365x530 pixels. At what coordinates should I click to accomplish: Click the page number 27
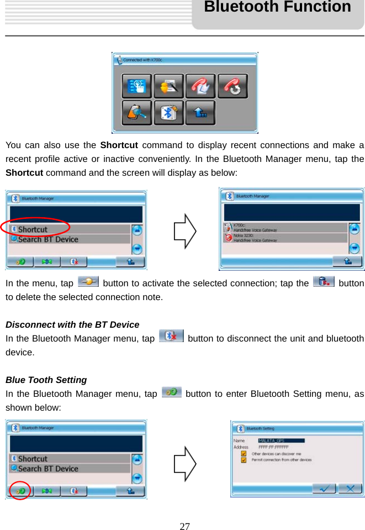tap(184, 526)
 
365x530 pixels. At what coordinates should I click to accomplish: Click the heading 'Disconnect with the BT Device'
tap(72, 324)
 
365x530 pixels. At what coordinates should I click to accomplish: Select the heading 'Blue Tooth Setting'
tap(46, 380)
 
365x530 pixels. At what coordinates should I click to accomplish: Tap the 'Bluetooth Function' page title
tap(277, 7)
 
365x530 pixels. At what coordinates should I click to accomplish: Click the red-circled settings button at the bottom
tap(20, 490)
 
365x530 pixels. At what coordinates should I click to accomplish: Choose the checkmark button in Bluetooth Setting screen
tap(325, 489)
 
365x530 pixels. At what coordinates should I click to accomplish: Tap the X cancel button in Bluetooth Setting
tap(350, 489)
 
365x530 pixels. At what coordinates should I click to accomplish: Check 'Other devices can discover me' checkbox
tap(244, 453)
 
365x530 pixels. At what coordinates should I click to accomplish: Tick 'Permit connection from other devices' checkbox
tap(244, 460)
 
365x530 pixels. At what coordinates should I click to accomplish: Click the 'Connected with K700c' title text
tap(142, 60)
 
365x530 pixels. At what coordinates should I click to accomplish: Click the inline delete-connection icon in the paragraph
tap(323, 282)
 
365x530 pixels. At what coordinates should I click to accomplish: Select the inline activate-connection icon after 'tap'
tap(88, 282)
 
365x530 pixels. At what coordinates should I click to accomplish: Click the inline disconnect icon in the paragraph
tap(171, 336)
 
